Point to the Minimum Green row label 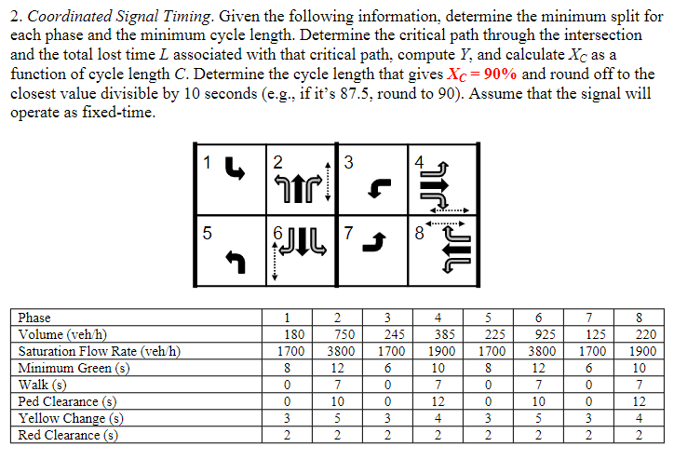click(72, 368)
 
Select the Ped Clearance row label click(67, 401)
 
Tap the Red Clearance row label click(68, 435)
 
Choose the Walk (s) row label click(43, 385)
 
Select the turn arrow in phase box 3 click(375, 190)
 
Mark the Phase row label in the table click(35, 318)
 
